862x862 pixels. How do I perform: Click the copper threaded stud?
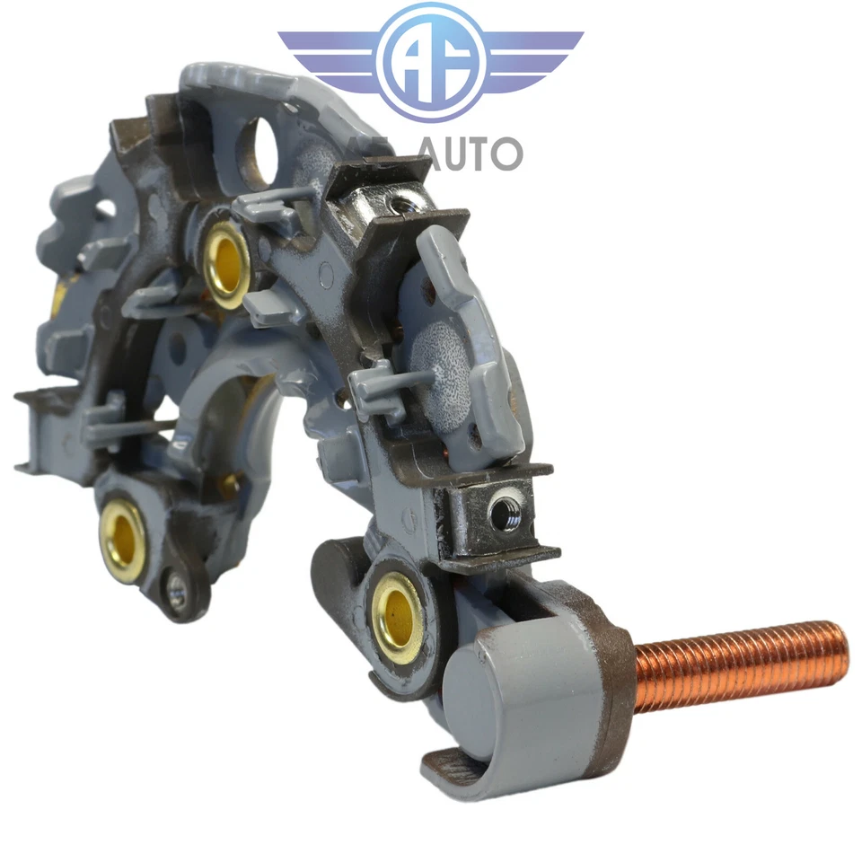click(x=736, y=664)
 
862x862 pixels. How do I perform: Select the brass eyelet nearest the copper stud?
click(x=397, y=616)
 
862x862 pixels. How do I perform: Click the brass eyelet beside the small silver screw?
click(x=122, y=540)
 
